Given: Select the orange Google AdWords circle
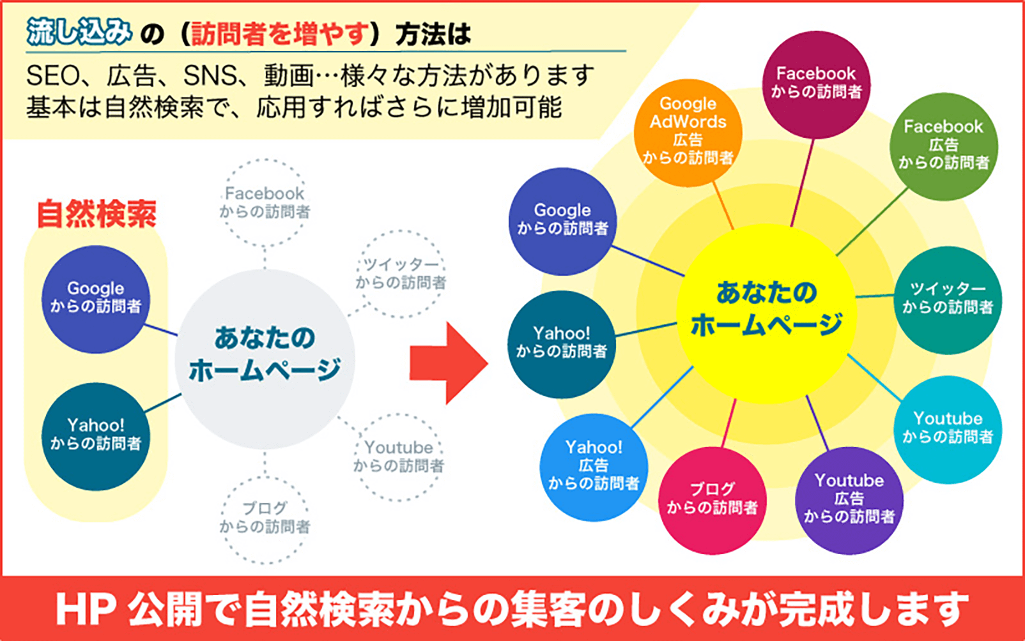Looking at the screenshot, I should [688, 132].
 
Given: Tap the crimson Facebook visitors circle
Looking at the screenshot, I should [816, 84].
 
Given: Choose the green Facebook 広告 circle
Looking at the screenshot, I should [943, 146].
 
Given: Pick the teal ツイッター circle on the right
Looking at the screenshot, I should [947, 299].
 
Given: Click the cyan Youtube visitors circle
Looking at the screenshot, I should [947, 428].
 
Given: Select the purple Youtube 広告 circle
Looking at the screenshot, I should [849, 500].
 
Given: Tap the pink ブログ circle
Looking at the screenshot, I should [712, 500].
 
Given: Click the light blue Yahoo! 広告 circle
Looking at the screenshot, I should [594, 467].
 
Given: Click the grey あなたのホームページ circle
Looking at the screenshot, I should [265, 358].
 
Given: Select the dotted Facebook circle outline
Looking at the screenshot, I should [265, 202].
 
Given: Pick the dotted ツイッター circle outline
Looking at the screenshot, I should [401, 274].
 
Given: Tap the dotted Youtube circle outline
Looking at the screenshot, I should [399, 456].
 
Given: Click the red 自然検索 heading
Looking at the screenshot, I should [96, 214].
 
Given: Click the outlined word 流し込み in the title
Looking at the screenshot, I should [79, 32].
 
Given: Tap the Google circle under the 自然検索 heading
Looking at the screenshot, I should [96, 298].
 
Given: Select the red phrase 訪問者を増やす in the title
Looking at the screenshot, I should [281, 34].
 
